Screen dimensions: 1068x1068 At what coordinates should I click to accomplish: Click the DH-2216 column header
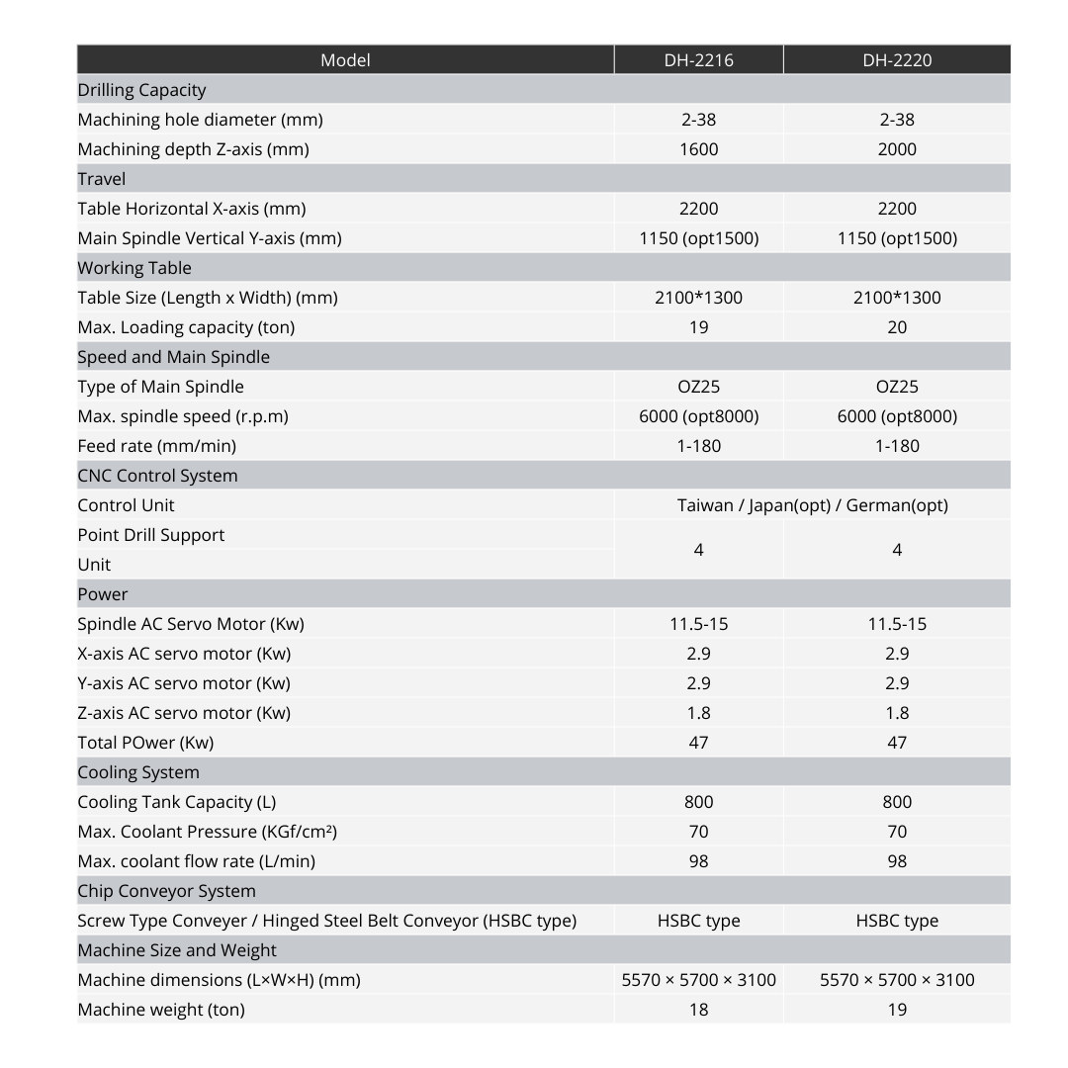click(698, 60)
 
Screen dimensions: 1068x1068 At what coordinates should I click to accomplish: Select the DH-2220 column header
click(897, 60)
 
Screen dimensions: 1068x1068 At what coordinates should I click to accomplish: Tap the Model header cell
click(345, 60)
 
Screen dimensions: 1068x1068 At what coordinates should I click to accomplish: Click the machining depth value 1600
click(698, 149)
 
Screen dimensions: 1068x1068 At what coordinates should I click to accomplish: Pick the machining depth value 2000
click(897, 149)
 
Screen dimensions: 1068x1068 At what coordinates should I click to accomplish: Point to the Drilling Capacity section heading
click(141, 90)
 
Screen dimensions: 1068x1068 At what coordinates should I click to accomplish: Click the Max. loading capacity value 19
click(698, 327)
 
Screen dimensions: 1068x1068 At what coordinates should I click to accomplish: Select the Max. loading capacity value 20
click(897, 327)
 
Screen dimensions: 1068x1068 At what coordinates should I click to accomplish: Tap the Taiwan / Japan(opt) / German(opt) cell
click(812, 505)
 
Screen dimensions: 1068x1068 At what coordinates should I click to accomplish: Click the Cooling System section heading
click(138, 772)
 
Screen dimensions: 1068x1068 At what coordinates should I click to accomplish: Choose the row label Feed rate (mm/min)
click(156, 446)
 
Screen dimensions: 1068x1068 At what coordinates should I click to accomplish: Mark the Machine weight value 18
click(698, 1010)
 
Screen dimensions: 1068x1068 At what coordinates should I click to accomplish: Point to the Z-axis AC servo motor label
click(184, 713)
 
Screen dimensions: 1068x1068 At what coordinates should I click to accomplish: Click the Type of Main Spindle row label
click(160, 387)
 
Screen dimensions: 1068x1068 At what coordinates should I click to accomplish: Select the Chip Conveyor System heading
click(166, 891)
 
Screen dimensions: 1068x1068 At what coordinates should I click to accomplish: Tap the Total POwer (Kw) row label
click(145, 743)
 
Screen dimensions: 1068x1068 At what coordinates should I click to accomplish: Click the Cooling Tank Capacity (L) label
click(176, 802)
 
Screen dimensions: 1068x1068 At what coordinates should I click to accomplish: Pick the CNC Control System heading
click(157, 476)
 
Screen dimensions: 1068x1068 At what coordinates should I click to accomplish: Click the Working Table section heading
click(134, 268)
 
